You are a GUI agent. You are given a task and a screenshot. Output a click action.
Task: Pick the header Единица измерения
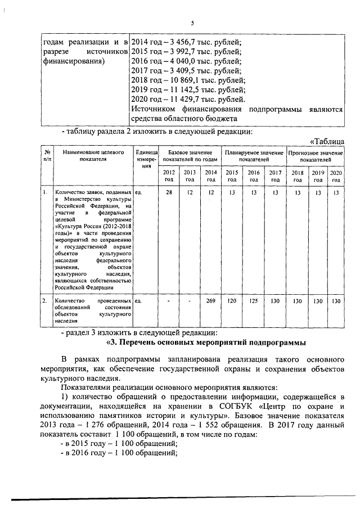(x=146, y=159)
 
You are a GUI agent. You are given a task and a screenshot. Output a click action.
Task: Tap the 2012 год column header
(x=168, y=175)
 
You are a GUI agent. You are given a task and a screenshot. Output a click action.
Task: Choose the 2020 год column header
(x=336, y=175)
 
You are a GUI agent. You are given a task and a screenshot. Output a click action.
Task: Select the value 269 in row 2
(x=211, y=301)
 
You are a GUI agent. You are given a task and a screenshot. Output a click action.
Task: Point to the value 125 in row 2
(x=254, y=301)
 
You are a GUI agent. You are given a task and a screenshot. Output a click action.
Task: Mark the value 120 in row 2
(x=232, y=301)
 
